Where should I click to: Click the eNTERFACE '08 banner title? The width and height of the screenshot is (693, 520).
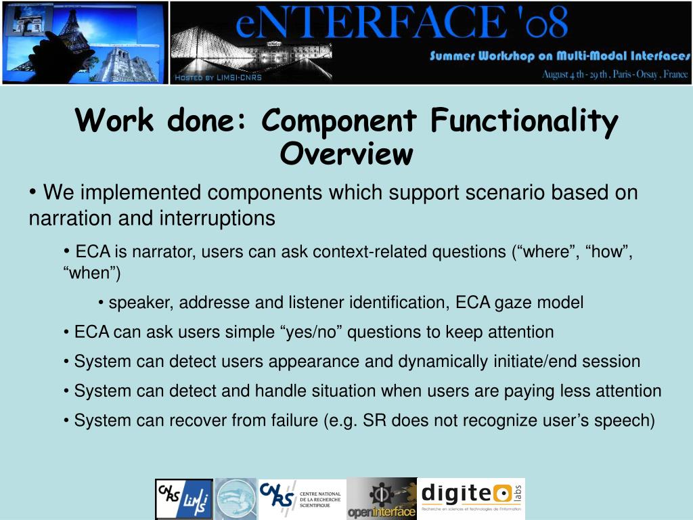[x=402, y=25]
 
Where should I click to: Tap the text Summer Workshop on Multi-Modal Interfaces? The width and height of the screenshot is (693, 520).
[x=560, y=56]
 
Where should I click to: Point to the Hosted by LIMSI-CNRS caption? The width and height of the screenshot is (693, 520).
[x=218, y=78]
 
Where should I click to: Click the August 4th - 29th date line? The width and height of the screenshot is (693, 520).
[x=614, y=74]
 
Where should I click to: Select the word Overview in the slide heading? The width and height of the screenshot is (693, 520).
[x=346, y=154]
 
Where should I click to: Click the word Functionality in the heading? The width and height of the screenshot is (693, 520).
[x=523, y=121]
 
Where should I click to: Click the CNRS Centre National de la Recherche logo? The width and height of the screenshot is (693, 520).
[x=302, y=499]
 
